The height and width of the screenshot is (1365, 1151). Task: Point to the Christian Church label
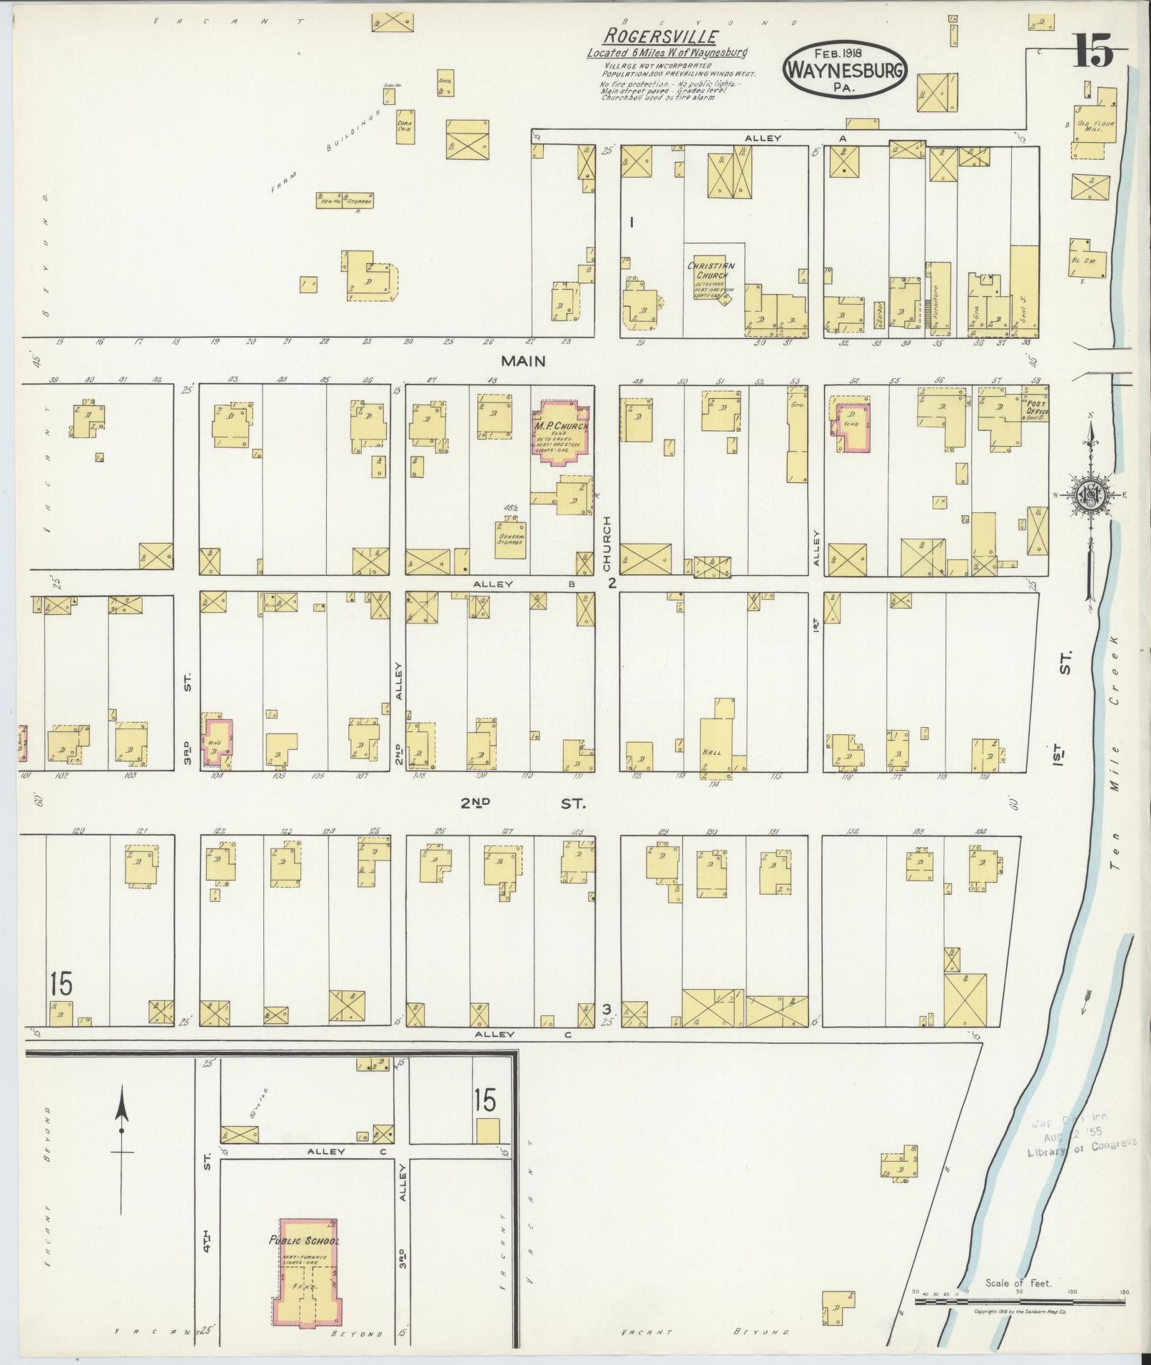711,270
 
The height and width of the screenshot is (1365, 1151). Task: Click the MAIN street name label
523,361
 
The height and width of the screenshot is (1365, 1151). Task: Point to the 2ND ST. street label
522,803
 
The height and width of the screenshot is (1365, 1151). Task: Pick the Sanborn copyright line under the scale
1020,1311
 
